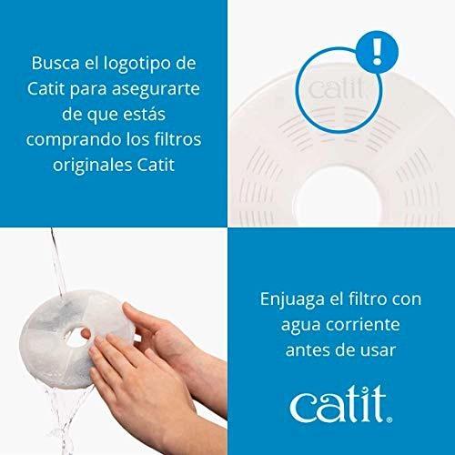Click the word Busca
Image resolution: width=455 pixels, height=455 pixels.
click(x=56, y=63)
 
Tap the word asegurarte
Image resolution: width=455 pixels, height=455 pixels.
click(x=156, y=89)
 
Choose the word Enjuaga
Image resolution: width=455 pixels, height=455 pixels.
click(x=292, y=300)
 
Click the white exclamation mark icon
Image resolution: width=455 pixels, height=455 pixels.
click(x=377, y=52)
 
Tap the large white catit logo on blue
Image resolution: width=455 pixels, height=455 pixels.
click(x=339, y=404)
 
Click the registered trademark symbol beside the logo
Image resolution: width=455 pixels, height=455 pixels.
click(x=389, y=420)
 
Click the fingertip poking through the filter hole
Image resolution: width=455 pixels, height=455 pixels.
click(x=86, y=334)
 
